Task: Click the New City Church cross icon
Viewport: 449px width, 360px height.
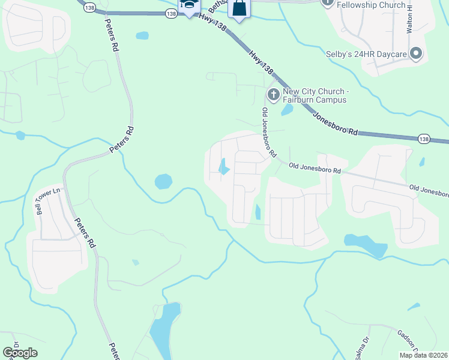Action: (x=273, y=94)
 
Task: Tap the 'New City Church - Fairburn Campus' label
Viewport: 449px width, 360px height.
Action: (x=314, y=96)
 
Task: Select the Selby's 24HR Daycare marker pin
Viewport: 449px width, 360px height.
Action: (x=416, y=54)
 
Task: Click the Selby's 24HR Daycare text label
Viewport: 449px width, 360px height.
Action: (x=367, y=55)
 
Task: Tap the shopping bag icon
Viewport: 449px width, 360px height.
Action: (x=239, y=9)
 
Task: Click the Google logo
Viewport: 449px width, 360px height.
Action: (x=20, y=353)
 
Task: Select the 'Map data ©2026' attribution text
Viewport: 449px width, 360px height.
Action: (x=423, y=355)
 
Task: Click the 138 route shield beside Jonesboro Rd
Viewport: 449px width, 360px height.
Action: (x=424, y=139)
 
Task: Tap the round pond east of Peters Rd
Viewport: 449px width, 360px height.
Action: (x=163, y=181)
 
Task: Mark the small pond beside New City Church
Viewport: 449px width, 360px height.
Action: (x=287, y=110)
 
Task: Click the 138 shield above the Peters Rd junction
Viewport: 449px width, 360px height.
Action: (x=90, y=7)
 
